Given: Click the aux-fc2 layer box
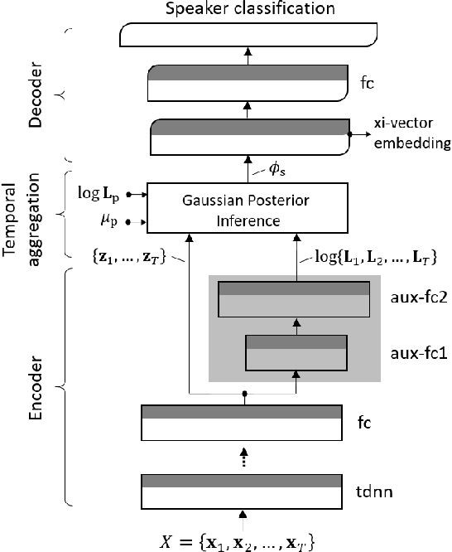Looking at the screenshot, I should click(293, 299).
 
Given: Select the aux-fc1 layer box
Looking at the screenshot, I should click(296, 352).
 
